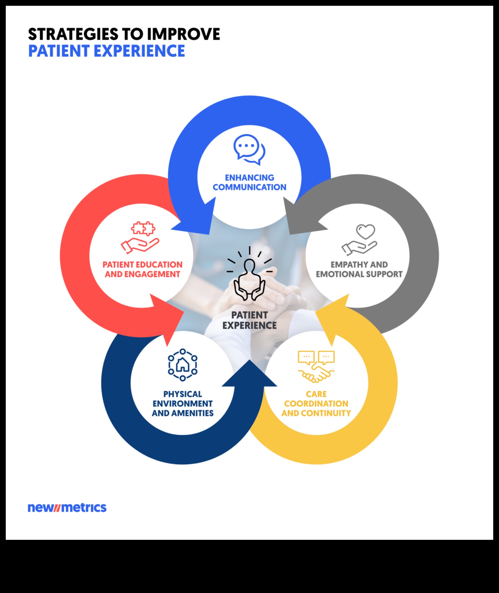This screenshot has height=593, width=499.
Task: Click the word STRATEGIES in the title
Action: tap(73, 34)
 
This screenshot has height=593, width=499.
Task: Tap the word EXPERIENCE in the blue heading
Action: tap(139, 51)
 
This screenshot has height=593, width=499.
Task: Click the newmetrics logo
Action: tap(67, 508)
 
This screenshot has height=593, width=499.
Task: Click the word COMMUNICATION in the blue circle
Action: tap(249, 187)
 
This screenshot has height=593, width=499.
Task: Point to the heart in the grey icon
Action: tap(365, 231)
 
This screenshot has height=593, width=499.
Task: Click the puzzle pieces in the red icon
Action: tap(143, 228)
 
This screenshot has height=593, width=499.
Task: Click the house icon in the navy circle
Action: tap(183, 364)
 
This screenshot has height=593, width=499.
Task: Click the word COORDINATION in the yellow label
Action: tap(316, 404)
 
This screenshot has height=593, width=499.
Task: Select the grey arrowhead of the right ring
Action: tap(300, 220)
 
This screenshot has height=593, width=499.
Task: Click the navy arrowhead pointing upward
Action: tap(249, 376)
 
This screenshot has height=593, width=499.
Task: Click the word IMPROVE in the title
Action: tap(184, 34)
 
